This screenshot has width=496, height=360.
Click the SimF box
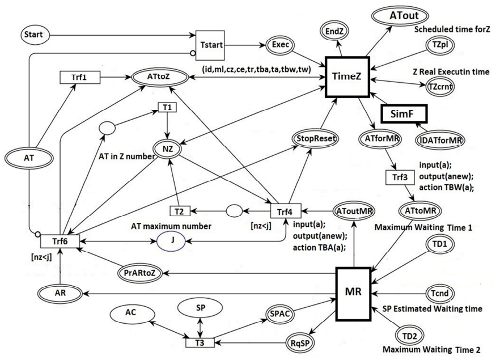403,113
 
